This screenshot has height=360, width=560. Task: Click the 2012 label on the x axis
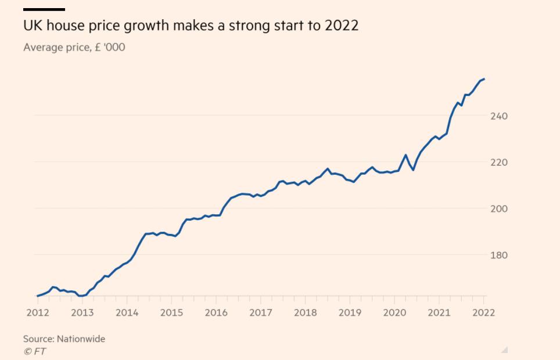(x=37, y=312)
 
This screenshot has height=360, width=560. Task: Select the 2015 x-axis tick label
(x=171, y=312)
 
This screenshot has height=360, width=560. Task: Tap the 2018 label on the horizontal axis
(x=305, y=312)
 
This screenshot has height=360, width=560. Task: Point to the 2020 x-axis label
(x=394, y=312)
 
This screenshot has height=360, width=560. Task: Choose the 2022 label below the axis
(x=484, y=312)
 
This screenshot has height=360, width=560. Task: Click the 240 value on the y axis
(x=498, y=116)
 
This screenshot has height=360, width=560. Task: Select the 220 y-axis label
(x=498, y=163)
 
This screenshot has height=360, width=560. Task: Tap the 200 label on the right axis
(x=498, y=208)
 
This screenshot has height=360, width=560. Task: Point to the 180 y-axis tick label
(x=498, y=255)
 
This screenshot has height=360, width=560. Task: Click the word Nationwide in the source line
(x=81, y=339)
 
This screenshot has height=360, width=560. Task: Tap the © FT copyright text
(x=34, y=351)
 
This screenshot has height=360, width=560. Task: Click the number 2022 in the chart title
(x=342, y=26)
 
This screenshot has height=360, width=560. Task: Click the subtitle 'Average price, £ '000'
(x=74, y=47)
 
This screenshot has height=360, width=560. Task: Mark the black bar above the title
(x=44, y=9)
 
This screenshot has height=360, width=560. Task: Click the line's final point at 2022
(x=484, y=79)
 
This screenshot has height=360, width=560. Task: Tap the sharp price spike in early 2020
(x=405, y=155)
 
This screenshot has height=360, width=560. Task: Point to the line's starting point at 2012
(x=37, y=296)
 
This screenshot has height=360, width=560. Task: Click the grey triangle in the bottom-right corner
(x=504, y=350)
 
